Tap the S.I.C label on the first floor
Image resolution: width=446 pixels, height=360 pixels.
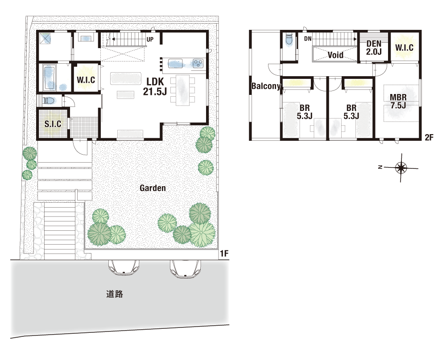point(53,124)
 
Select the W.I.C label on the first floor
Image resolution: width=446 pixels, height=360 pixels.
point(86,80)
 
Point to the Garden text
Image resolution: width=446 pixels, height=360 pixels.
point(153,188)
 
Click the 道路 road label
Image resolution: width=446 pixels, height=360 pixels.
point(115,294)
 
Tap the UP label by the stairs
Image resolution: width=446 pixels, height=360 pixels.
point(150,39)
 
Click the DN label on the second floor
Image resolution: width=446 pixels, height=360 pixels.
point(308,39)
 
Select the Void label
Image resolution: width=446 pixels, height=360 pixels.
point(336,54)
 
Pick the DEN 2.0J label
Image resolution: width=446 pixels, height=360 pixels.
point(374,48)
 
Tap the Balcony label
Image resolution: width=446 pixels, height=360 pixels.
point(266,86)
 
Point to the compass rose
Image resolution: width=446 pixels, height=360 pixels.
point(401,168)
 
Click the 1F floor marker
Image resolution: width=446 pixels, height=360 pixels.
point(224,253)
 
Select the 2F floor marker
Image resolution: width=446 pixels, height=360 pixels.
point(429,138)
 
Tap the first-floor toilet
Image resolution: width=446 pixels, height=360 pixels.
point(49,100)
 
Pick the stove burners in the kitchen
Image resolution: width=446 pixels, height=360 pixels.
point(198,63)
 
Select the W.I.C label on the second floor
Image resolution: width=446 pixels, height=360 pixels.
point(404,47)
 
